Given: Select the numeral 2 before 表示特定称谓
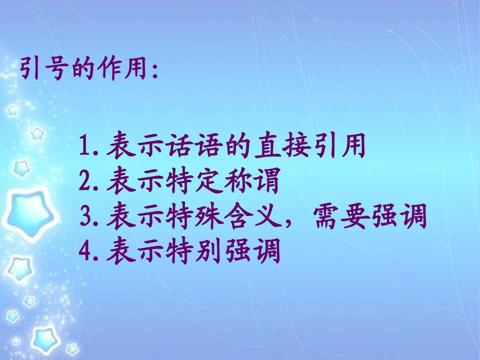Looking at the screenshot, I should (x=85, y=183).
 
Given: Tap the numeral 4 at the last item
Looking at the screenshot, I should (x=85, y=251).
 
